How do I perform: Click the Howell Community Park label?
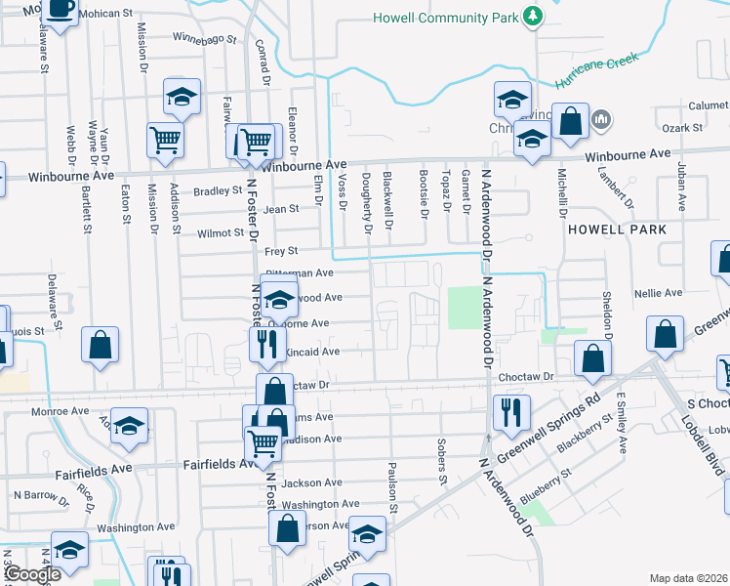(x=445, y=18)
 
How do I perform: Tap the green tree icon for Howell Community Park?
(x=532, y=17)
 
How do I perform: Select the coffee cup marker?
(x=61, y=9)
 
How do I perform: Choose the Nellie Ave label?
(x=659, y=293)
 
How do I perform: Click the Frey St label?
(x=281, y=251)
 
